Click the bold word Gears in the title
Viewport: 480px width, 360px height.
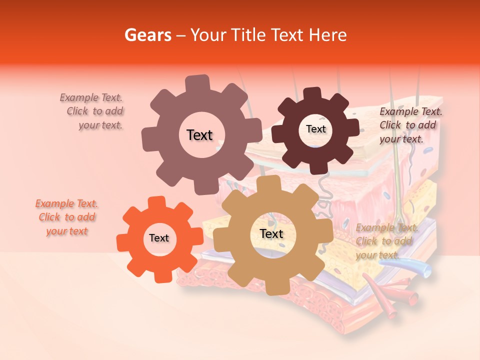pyautogui.click(x=147, y=35)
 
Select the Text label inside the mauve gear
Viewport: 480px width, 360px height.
pyautogui.click(x=199, y=135)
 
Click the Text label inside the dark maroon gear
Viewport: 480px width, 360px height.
pyautogui.click(x=315, y=129)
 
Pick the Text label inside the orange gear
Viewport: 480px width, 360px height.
pyautogui.click(x=159, y=238)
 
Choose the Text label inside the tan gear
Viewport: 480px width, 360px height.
pyautogui.click(x=271, y=234)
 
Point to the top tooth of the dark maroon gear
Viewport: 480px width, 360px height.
pyautogui.click(x=313, y=93)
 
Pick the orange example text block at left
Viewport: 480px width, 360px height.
pyautogui.click(x=67, y=217)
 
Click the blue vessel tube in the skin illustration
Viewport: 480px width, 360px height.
pyautogui.click(x=422, y=270)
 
